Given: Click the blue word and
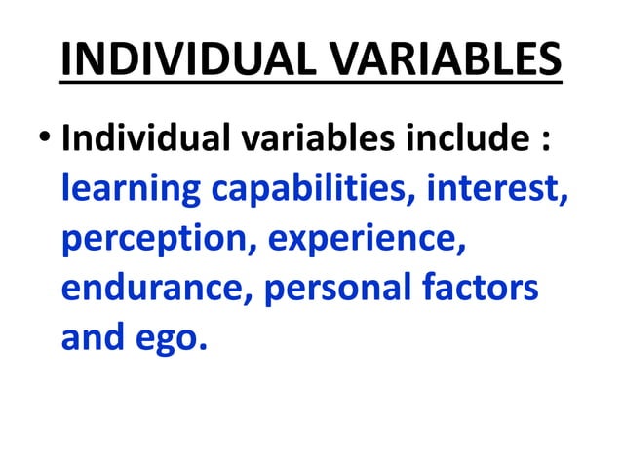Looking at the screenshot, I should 91,338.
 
